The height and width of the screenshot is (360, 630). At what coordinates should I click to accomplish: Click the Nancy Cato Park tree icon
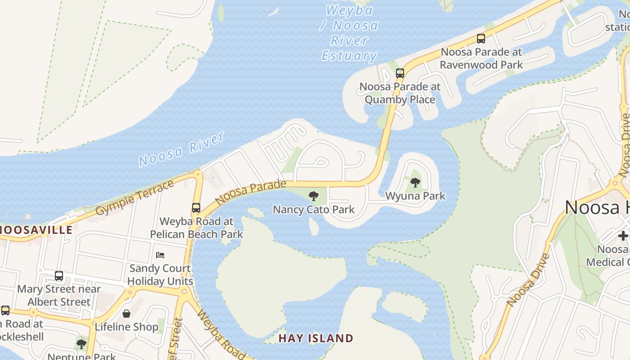pos(314,196)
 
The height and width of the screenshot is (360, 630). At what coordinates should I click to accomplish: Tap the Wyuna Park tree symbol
pos(415,183)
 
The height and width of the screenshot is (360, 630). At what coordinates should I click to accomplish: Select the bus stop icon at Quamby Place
pos(400,73)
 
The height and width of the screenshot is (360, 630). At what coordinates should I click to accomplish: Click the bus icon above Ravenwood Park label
pos(481,39)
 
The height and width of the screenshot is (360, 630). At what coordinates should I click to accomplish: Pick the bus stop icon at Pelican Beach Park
pos(196,208)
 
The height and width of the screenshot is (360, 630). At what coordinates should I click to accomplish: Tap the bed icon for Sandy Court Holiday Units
pos(160,255)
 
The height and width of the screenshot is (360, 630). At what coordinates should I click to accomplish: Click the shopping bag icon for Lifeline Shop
pos(126,314)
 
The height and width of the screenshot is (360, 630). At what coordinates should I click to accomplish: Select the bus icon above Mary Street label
pos(59,276)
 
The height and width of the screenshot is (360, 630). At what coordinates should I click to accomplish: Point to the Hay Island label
pos(316,338)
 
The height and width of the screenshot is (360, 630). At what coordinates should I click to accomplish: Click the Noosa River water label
pos(181,149)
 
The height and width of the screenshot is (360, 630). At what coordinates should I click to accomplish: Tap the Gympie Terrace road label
pos(135,198)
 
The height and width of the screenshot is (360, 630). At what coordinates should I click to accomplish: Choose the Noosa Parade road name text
pos(251,193)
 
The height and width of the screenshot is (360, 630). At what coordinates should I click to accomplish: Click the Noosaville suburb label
pos(36,230)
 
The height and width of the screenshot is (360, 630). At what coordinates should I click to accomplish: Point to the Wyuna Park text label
pos(415,196)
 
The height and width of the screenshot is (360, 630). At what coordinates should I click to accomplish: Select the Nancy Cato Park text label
pos(314,209)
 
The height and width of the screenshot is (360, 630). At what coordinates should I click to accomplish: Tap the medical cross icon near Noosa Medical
pos(623,235)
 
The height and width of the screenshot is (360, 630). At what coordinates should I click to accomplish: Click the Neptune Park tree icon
pos(81,344)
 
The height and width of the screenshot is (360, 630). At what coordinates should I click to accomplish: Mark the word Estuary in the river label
pos(349,56)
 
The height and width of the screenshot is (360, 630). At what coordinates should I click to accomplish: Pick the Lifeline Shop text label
pos(126,327)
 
